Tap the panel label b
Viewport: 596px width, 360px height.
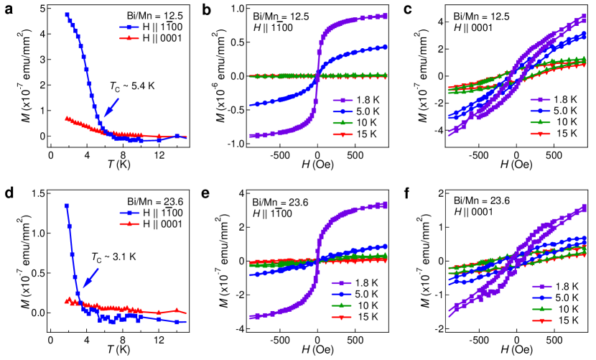pyautogui.click(x=206, y=10)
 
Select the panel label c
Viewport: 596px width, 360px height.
pyautogui.click(x=408, y=10)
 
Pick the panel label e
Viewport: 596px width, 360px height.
pyautogui.click(x=206, y=193)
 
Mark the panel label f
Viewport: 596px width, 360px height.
pyautogui.click(x=407, y=193)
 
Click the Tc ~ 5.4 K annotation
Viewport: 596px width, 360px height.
pyautogui.click(x=131, y=86)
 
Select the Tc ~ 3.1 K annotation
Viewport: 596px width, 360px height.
pyautogui.click(x=113, y=257)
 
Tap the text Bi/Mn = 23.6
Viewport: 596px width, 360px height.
pyautogui.click(x=480, y=200)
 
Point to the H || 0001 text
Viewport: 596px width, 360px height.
pyautogui.click(x=472, y=212)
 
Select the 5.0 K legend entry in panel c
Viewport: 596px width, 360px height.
pyautogui.click(x=555, y=111)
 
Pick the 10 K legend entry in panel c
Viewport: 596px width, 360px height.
pyautogui.click(x=555, y=122)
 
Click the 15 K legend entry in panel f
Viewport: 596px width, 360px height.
pyautogui.click(x=555, y=321)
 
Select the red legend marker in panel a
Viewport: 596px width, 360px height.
pyautogui.click(x=129, y=37)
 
